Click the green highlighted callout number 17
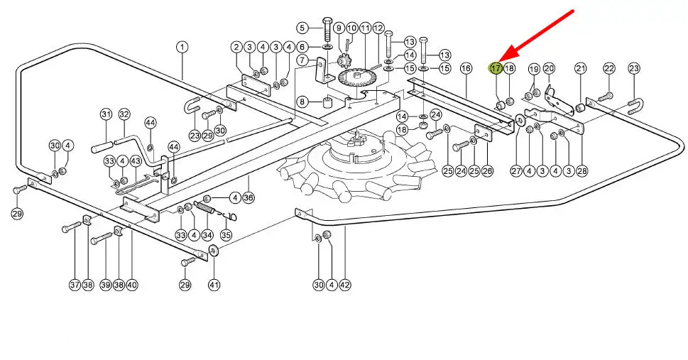click(496, 68)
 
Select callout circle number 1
click(182, 47)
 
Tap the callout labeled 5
click(302, 28)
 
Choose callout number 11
click(365, 28)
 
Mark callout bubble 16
click(466, 68)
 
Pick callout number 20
click(549, 68)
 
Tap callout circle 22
click(609, 68)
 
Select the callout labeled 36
click(249, 197)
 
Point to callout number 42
click(344, 285)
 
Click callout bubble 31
click(107, 114)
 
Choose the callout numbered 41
click(214, 285)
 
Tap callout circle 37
click(75, 285)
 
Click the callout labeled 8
click(302, 101)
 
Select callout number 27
click(516, 171)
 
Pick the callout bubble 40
click(132, 285)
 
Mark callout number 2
click(236, 47)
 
